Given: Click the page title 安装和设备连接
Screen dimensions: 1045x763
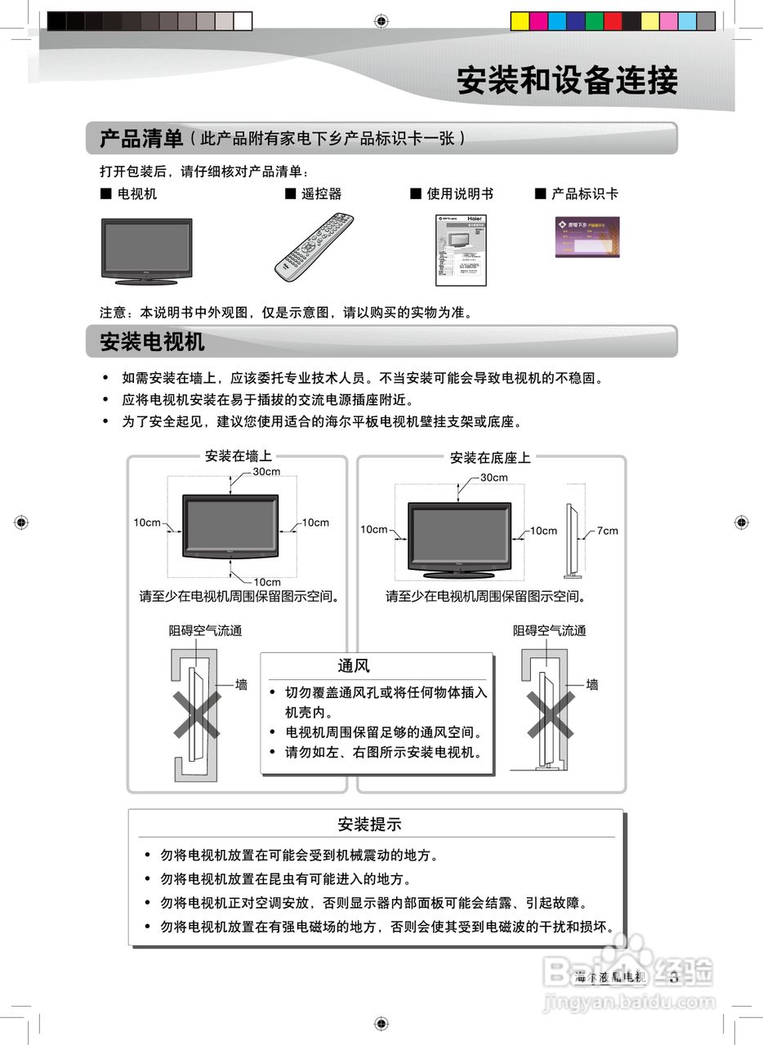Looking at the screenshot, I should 567,81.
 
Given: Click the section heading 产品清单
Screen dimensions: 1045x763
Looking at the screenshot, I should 141,139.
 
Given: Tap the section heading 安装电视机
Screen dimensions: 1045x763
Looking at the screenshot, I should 152,341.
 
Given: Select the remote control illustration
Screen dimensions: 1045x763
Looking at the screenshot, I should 315,246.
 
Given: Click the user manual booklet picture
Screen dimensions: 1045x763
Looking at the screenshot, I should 460,250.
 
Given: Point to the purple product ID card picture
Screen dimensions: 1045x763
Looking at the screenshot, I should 587,237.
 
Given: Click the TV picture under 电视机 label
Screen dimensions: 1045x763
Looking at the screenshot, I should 146,251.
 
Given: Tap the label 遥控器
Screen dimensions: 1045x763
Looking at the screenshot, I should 321,194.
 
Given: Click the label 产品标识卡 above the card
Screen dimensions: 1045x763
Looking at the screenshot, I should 584,194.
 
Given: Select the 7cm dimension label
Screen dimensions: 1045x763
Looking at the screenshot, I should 607,531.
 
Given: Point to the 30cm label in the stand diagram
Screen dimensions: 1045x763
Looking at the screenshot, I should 493,478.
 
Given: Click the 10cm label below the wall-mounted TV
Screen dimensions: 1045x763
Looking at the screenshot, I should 266,582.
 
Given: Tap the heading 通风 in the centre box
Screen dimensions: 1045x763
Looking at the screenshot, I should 354,666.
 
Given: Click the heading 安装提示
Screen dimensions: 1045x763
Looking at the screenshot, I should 369,825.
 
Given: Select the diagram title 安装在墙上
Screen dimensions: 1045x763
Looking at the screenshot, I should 239,456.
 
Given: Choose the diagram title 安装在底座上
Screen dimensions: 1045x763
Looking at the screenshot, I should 490,458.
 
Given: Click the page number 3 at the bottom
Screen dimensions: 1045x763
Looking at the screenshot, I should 674,977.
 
